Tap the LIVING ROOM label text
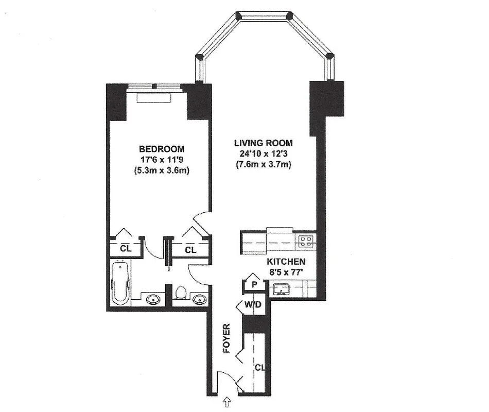tap(263, 143)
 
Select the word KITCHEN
tap(286, 262)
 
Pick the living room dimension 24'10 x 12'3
tap(263, 154)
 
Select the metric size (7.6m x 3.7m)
tap(263, 165)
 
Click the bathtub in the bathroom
tap(120, 283)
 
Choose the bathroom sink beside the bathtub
tap(153, 299)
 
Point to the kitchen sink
tap(282, 289)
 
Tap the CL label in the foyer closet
tap(259, 368)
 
